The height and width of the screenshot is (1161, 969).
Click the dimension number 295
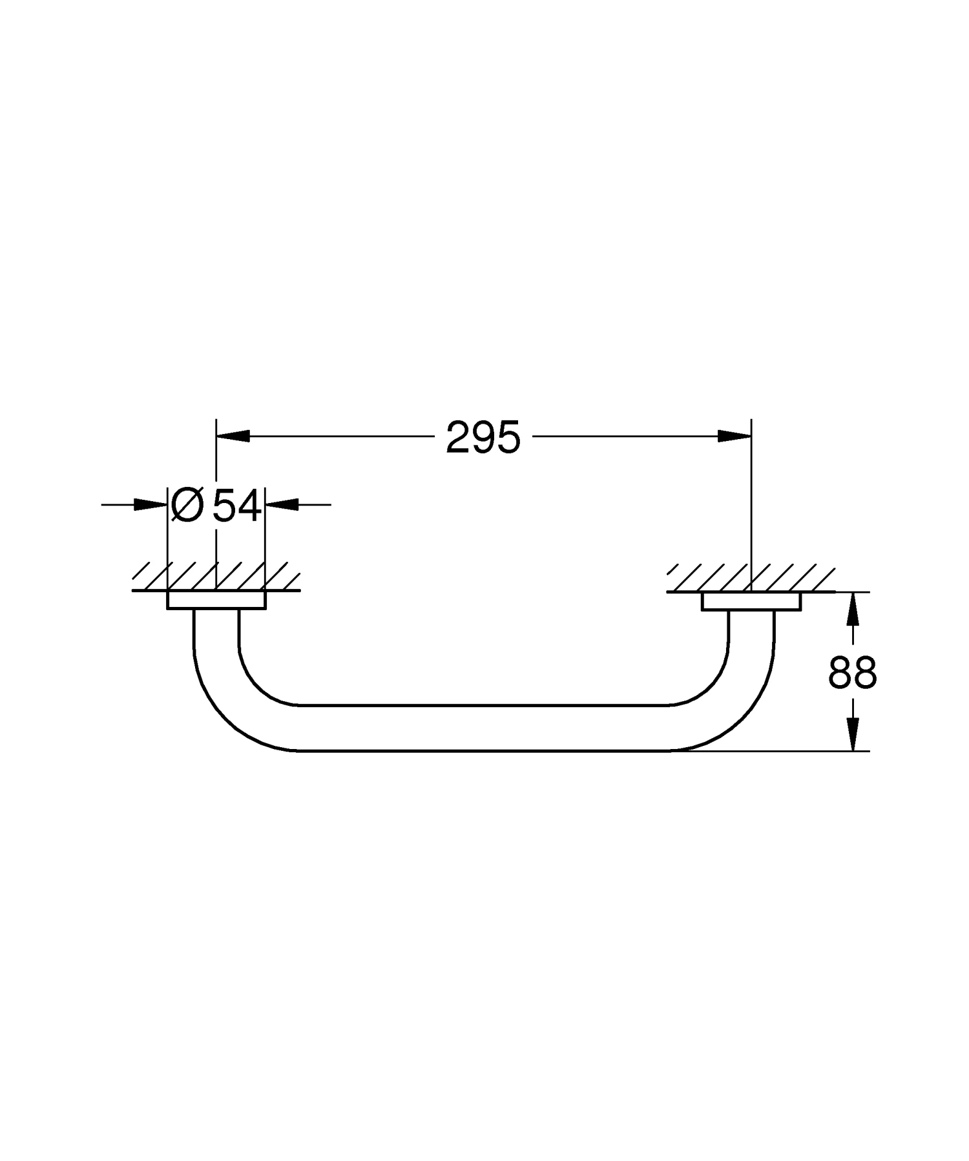pos(483,437)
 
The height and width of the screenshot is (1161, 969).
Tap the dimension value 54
pos(237,505)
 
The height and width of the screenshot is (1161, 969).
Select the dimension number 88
pos(853,672)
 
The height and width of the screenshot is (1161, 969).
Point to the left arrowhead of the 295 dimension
pos(233,437)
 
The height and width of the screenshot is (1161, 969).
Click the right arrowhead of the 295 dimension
pos(735,437)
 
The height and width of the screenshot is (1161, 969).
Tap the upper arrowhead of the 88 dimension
pos(853,608)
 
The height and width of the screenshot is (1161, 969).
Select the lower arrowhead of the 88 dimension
pos(853,735)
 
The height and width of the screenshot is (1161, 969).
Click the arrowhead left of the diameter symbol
pos(151,504)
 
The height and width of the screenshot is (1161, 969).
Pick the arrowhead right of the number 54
pos(282,504)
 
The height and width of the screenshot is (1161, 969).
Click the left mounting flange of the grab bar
pos(216,600)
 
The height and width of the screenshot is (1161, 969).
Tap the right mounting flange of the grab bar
pos(751,601)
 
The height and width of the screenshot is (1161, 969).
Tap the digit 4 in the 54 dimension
pos(249,505)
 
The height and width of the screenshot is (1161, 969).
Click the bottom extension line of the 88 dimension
pos(775,751)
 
